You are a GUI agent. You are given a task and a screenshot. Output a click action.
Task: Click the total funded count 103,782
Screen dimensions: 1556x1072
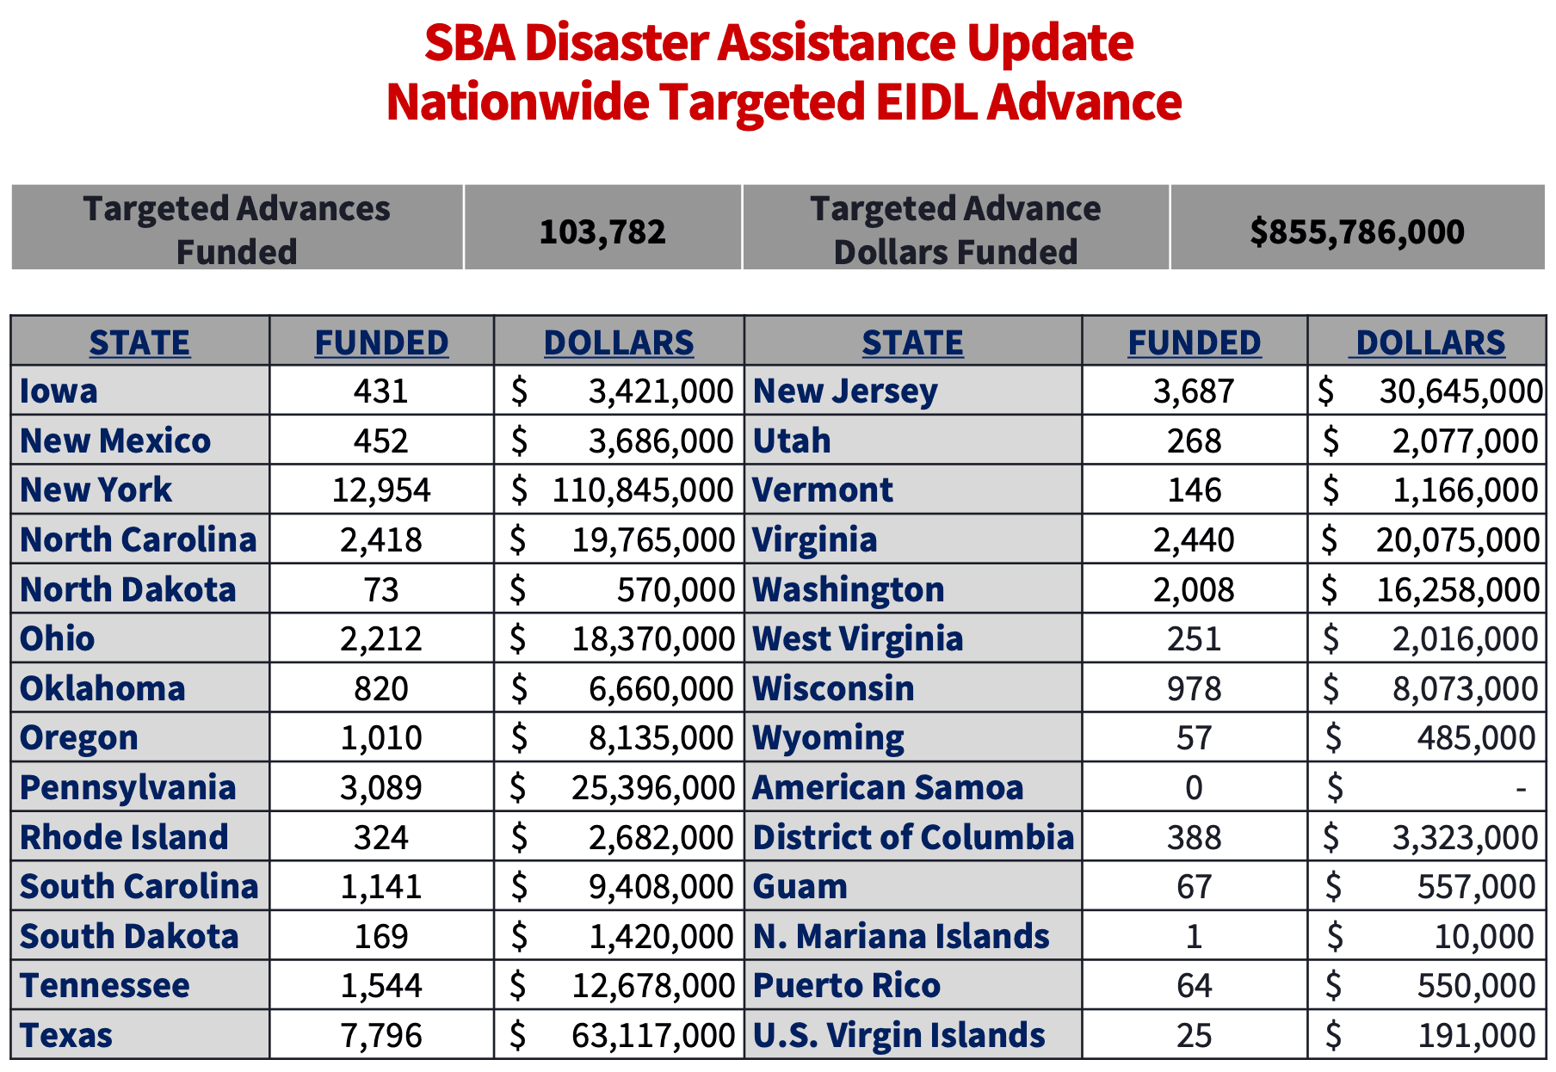[x=602, y=231]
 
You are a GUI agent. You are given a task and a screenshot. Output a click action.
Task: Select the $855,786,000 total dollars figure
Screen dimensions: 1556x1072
[x=1357, y=231]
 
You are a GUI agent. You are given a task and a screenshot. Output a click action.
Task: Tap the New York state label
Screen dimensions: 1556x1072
[x=96, y=490]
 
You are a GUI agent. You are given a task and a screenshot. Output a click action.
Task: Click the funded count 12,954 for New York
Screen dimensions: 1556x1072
[x=381, y=490]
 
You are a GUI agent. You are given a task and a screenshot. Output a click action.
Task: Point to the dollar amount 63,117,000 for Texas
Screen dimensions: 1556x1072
[x=653, y=1036]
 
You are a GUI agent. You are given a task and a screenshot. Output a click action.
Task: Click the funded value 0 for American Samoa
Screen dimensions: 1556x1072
[x=1194, y=788]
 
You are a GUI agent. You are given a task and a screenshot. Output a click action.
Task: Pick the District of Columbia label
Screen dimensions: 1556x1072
[x=913, y=837]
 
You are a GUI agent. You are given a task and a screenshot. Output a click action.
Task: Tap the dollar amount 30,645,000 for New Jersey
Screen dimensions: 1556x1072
[x=1460, y=391]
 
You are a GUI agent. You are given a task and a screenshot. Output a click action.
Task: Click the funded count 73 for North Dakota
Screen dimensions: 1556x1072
[x=381, y=590]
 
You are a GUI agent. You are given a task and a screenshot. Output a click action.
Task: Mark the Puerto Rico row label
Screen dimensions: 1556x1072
[x=847, y=986]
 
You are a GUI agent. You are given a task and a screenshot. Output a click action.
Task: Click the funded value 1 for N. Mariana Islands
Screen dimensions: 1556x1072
[x=1194, y=936]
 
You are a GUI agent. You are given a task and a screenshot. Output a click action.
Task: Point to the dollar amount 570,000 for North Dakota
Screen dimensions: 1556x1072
[x=676, y=590]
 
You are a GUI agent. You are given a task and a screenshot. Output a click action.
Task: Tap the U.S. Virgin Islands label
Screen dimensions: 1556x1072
[x=898, y=1036]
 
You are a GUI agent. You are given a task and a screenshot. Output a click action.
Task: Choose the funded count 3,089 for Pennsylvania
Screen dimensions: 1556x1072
[x=381, y=788]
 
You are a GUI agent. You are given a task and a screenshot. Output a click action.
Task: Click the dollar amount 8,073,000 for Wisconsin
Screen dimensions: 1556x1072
[x=1465, y=689]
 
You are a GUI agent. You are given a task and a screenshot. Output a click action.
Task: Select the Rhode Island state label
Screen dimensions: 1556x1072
[x=124, y=837]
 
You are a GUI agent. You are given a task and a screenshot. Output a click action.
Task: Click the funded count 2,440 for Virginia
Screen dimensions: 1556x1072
[x=1194, y=540]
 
